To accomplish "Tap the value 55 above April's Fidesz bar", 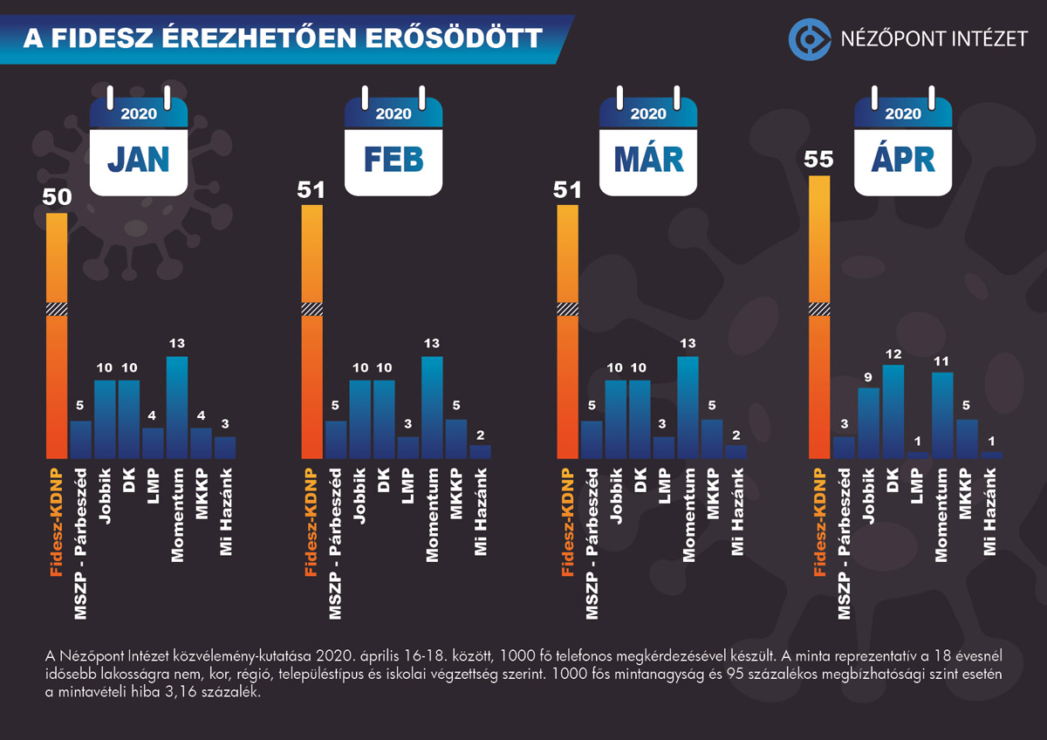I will (819, 160).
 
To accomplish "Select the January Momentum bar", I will (177, 408).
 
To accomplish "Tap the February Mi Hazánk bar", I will (481, 452).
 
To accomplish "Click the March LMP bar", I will (664, 448).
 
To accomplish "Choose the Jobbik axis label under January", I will (105, 495).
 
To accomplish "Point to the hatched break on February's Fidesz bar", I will (311, 308).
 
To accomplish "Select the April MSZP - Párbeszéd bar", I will (844, 448).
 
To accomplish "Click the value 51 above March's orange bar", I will (567, 188).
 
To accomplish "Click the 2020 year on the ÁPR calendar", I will (903, 113).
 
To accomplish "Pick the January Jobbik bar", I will (105, 420).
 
